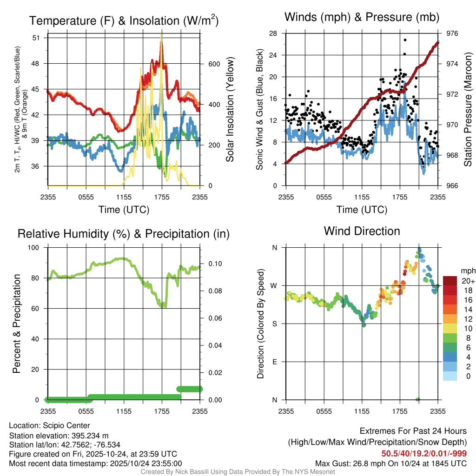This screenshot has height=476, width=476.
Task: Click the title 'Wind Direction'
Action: (362, 231)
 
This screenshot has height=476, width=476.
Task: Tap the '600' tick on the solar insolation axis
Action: (213, 64)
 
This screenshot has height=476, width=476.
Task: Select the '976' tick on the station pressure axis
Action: (452, 33)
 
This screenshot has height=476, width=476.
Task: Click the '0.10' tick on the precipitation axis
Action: (213, 264)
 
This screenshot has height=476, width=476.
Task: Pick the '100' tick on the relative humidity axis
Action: (36, 247)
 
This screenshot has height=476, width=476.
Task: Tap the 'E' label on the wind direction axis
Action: (275, 362)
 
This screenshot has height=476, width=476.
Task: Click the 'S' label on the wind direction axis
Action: (275, 324)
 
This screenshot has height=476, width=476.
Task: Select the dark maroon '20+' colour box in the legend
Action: (451, 281)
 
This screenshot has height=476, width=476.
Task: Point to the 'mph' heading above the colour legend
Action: (467, 271)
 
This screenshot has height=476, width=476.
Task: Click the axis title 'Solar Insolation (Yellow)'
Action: (230, 110)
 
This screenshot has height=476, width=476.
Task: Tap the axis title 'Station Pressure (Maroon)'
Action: (468, 110)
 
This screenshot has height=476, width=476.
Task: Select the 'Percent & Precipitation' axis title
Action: (16, 324)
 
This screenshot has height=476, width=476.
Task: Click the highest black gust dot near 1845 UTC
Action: (405, 40)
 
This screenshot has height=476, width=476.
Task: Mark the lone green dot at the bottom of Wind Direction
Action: (418, 399)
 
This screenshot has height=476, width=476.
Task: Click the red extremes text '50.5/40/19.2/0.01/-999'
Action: (424, 453)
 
